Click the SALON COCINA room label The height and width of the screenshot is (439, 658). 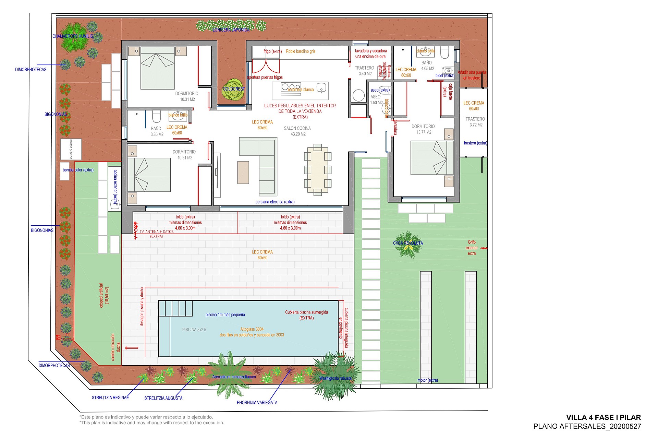point(297,131)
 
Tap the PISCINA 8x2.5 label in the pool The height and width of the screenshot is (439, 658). point(194,330)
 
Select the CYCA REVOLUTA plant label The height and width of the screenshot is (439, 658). point(408,243)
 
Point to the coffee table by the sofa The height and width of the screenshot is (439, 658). point(243,173)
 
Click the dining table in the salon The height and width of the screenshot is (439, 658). point(317,170)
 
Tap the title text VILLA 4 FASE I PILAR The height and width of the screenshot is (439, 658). point(603,417)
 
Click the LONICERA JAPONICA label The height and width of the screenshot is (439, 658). point(231,30)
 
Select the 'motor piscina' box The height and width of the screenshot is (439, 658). point(71,149)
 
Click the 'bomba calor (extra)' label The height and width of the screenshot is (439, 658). point(78,170)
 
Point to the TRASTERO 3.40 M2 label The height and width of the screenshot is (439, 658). point(364,71)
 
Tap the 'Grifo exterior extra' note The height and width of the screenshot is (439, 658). point(472,248)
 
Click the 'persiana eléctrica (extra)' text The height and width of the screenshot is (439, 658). point(275,202)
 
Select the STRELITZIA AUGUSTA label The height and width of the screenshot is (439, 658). point(163,398)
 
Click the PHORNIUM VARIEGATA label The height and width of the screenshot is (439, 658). point(257,403)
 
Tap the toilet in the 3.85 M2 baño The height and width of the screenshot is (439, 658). point(156,117)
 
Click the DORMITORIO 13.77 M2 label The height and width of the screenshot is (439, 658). point(423,129)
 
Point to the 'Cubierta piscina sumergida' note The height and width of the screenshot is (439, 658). point(306,315)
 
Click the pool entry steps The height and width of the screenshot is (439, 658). point(175,308)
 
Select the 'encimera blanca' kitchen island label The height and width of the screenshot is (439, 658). point(301,90)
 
